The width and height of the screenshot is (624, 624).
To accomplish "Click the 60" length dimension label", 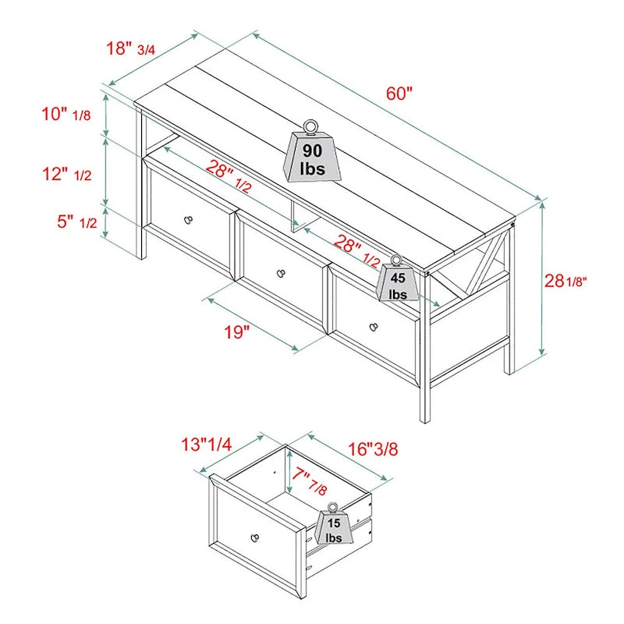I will [x=399, y=93].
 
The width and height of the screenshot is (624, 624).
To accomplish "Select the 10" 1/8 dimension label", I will [x=66, y=115].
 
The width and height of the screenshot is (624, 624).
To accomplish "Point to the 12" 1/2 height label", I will [x=67, y=174].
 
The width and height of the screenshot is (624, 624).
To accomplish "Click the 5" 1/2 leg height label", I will [x=76, y=222].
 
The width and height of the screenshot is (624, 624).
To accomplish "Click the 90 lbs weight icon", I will [x=311, y=151].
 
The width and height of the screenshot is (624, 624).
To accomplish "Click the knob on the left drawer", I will [x=188, y=220].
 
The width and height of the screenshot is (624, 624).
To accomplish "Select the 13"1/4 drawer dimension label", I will [x=206, y=445].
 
